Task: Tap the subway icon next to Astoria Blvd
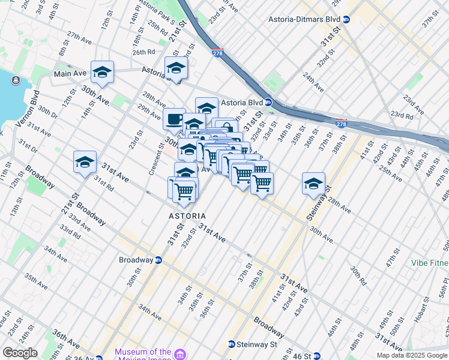pos(269,103)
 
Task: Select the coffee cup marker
pos(174,118)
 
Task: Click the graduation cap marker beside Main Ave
pos(103,71)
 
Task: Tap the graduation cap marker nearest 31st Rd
pos(85,161)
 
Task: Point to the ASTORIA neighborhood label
pos(187,216)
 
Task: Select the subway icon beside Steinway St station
pos(232,344)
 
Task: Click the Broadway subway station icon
pos(158,260)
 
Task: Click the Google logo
pos(20,353)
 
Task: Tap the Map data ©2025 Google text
pos(412,355)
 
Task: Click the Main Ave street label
pos(70,74)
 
